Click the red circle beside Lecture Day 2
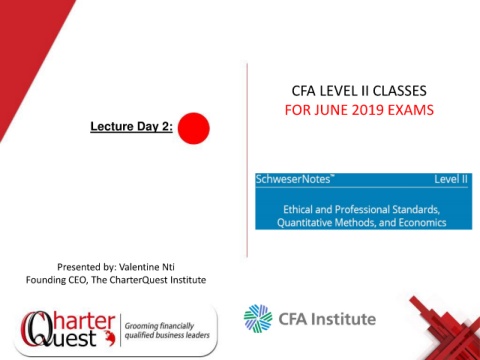coord(194,128)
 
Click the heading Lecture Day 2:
coord(131,127)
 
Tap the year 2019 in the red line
coord(366,110)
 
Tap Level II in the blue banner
coord(451,179)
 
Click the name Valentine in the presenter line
coord(139,267)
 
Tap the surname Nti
coord(168,267)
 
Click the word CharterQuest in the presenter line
coord(138,280)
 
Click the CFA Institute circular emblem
coord(258,318)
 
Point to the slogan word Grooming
coord(140,326)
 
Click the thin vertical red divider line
coord(247,160)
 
